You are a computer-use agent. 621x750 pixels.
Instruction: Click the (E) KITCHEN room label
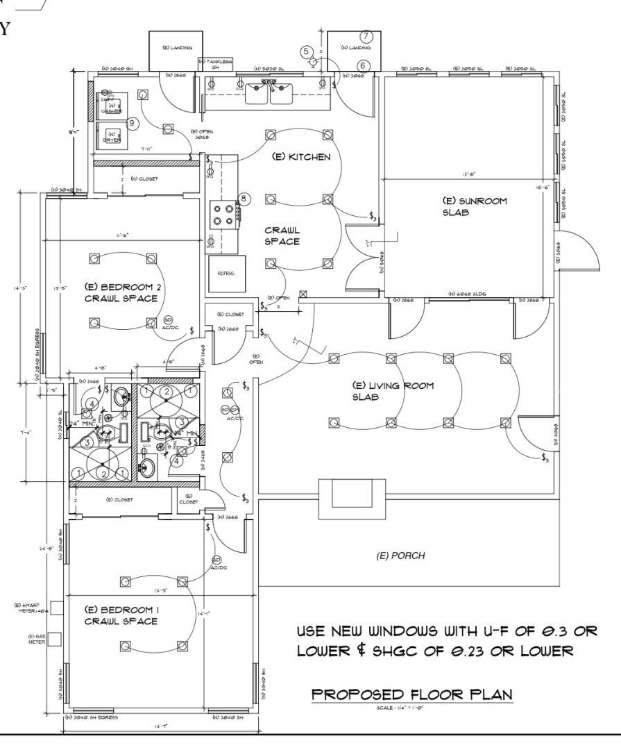coord(300,158)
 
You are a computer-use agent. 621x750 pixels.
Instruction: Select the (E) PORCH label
coord(400,556)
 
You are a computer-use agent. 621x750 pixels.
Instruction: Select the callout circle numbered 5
coord(305,51)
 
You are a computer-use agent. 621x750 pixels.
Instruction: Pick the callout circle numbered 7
coord(367,36)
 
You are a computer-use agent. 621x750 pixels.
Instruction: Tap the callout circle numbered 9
coord(133,122)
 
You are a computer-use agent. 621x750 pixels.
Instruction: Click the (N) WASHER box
coord(110,108)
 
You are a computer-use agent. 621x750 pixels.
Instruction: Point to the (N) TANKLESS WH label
coord(216,65)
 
